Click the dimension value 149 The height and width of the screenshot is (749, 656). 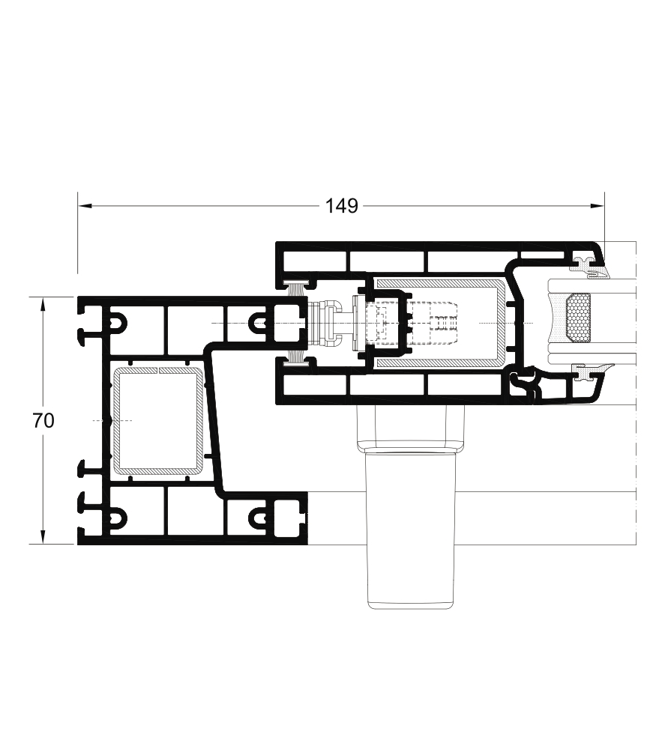pyautogui.click(x=341, y=204)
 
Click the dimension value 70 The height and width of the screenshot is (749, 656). pyautogui.click(x=43, y=421)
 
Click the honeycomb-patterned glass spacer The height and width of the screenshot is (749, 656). pyautogui.click(x=577, y=318)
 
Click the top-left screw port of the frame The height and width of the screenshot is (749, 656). pyautogui.click(x=118, y=323)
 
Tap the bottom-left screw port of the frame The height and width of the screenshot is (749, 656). pyautogui.click(x=118, y=517)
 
